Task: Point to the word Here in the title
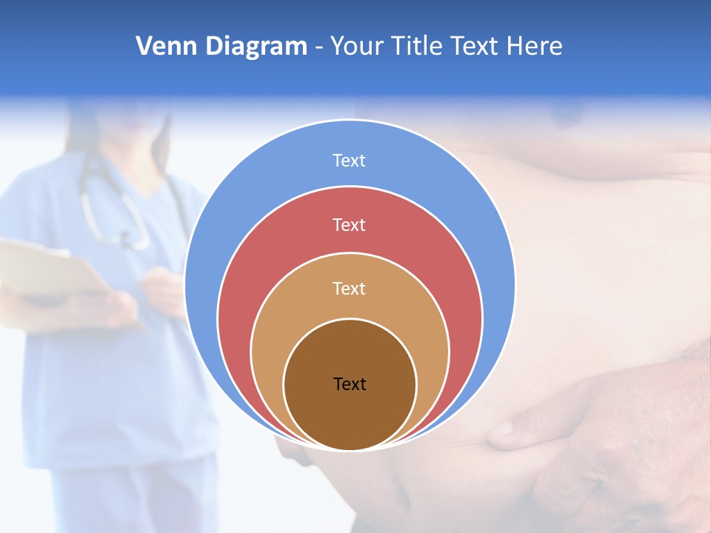tap(534, 47)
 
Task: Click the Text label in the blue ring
tap(349, 161)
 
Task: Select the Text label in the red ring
tap(349, 224)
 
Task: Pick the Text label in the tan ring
tap(349, 288)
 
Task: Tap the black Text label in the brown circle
tap(350, 384)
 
